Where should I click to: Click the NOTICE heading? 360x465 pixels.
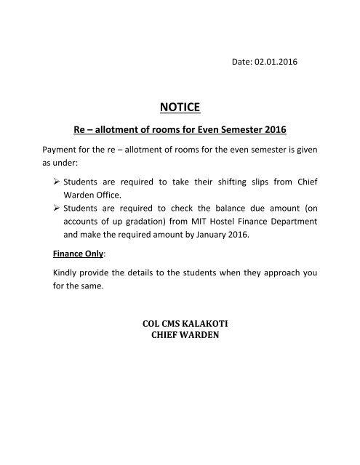click(180, 110)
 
